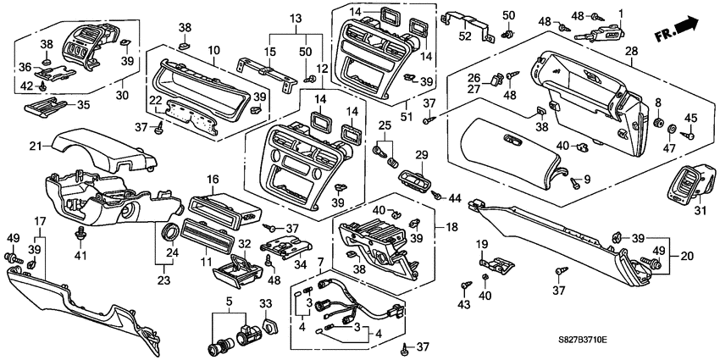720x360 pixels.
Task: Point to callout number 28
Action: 631,53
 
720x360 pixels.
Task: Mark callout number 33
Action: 265,304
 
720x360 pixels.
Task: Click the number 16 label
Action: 213,180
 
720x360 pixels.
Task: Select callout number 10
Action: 213,52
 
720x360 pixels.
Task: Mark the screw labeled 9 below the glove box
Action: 575,180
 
